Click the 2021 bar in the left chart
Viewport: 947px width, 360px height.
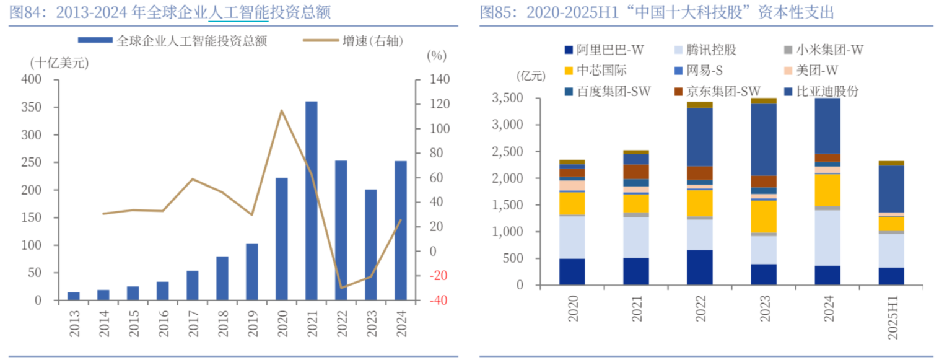tap(312, 200)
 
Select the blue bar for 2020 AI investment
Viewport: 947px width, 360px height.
tap(282, 239)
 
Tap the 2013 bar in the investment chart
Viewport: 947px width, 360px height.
tap(74, 296)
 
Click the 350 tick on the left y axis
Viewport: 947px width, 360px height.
tap(32, 107)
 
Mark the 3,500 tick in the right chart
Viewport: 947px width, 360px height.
tap(507, 98)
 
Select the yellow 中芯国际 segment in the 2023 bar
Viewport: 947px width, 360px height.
tap(764, 216)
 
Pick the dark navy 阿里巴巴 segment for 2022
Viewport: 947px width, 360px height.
tap(700, 268)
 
